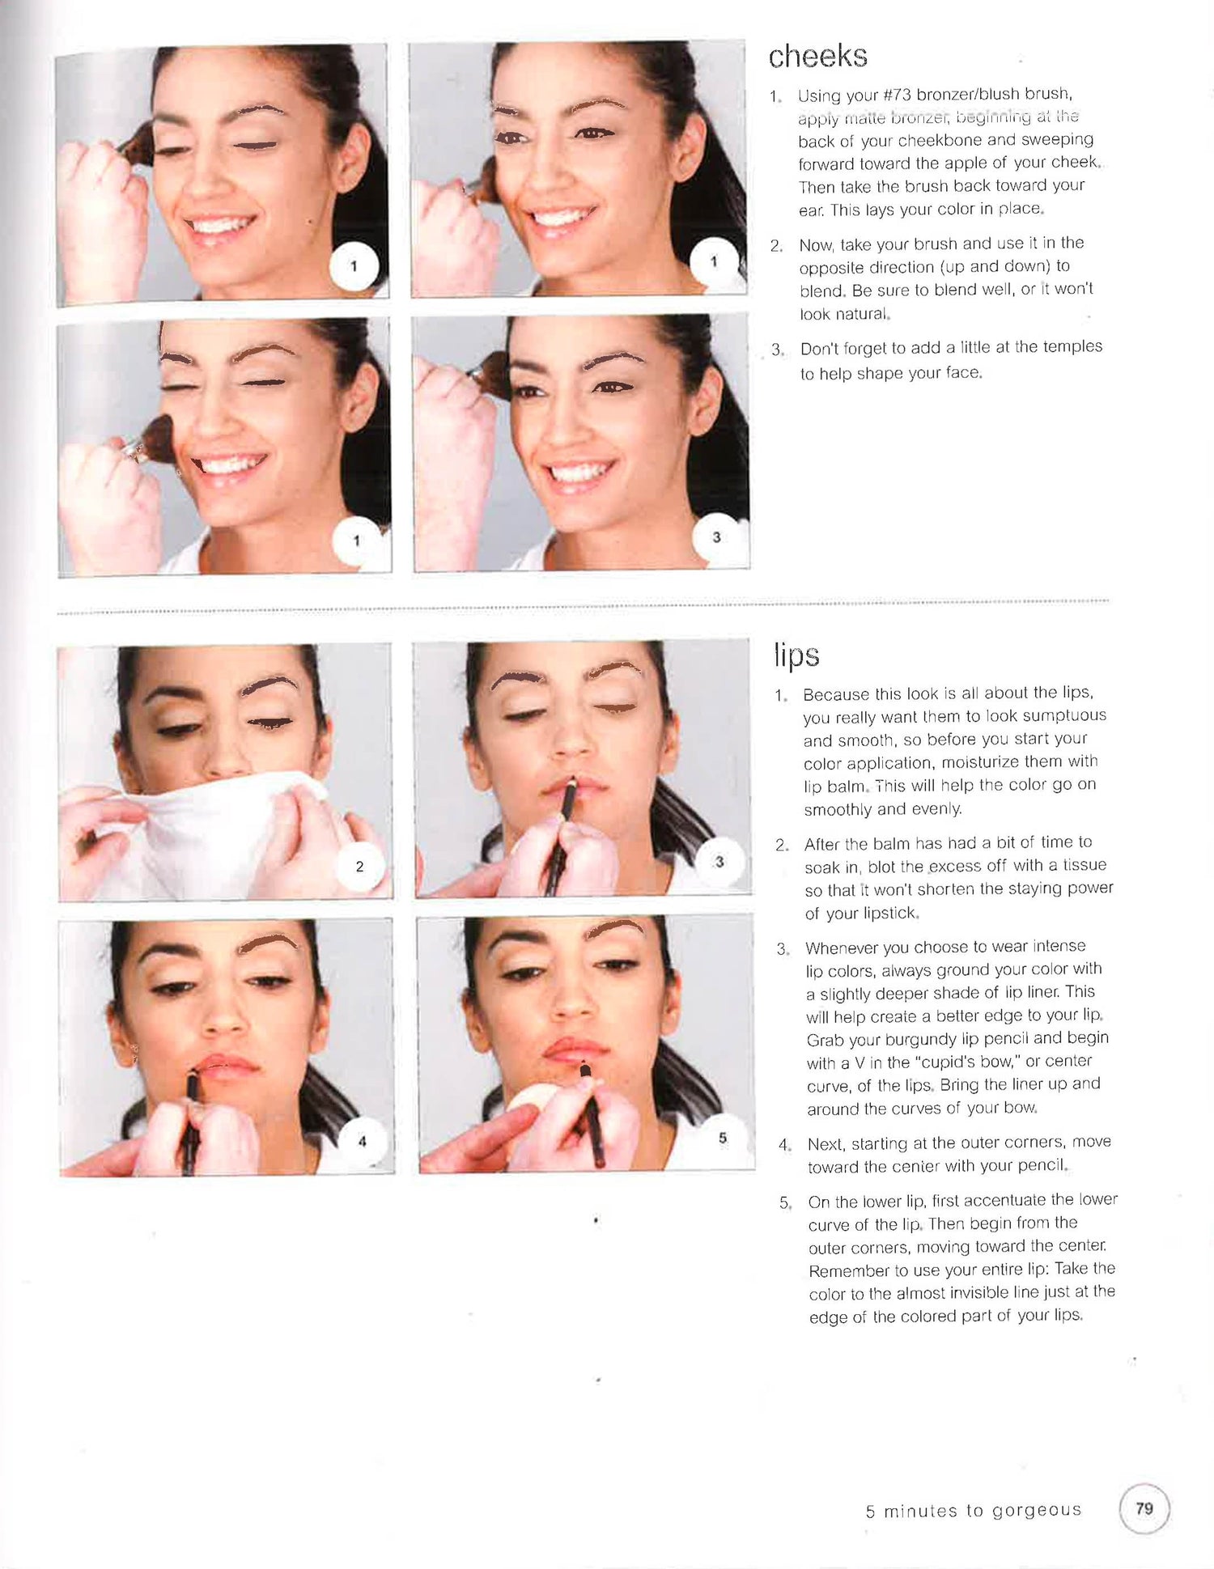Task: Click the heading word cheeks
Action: (817, 56)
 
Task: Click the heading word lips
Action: (796, 655)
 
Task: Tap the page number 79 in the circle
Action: (1144, 1508)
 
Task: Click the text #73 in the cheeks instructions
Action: (897, 95)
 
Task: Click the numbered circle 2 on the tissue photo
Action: (359, 867)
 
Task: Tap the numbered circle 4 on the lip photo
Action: (362, 1141)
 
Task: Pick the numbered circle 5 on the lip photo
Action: (722, 1138)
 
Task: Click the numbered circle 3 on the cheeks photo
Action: (716, 536)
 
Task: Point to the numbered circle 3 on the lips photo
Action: (719, 862)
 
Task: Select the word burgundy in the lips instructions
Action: (929, 1038)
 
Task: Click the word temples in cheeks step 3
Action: (1071, 346)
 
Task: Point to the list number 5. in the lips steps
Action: (785, 1202)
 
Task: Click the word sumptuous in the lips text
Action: (1064, 716)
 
